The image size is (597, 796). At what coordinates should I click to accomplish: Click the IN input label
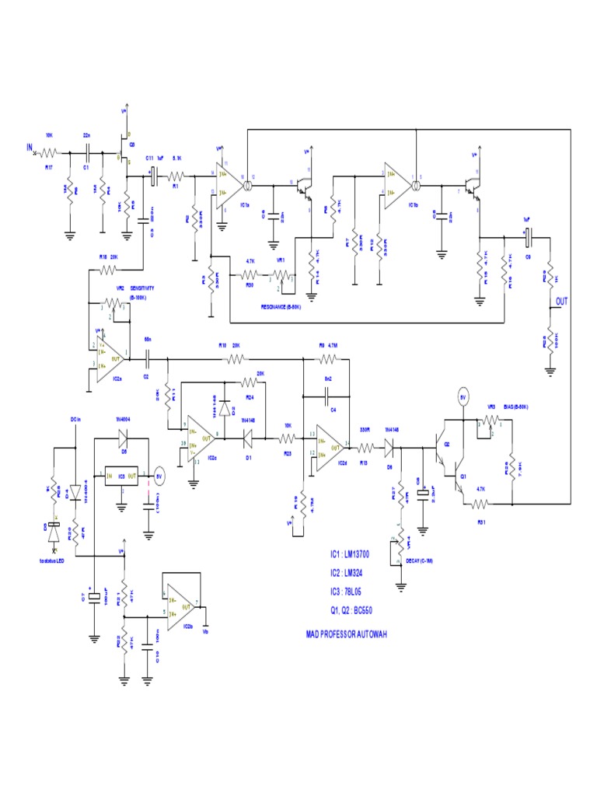(x=29, y=147)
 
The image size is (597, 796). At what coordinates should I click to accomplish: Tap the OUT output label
(x=561, y=301)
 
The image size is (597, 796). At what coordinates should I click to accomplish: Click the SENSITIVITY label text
(x=148, y=288)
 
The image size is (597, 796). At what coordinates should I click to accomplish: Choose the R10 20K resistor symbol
(x=234, y=359)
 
